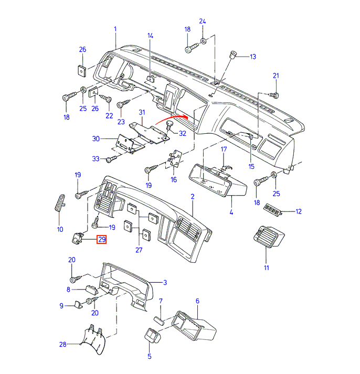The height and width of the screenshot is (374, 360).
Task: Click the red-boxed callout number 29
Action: pos(102,239)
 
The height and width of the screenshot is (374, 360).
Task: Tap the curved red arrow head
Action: pos(185,116)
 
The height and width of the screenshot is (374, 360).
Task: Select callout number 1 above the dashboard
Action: pos(115,29)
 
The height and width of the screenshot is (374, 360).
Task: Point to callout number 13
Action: pos(253,57)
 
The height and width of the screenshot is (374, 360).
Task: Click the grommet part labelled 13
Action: pos(233,55)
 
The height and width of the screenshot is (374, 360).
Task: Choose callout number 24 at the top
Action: pos(203,21)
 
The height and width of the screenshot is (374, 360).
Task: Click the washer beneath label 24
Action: pos(203,41)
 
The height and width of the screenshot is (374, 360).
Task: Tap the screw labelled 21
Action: pos(274,95)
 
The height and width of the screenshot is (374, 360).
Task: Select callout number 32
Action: pos(183,133)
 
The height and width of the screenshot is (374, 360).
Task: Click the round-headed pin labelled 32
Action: pos(170,125)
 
